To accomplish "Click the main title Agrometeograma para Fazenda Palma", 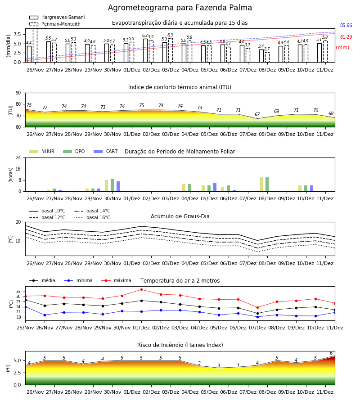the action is tap(180, 8).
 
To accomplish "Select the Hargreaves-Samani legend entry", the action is tap(57, 17).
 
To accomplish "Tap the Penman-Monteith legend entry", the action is tap(55, 24).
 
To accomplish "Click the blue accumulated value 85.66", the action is tap(346, 25).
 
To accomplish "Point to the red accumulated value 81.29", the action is tap(346, 37).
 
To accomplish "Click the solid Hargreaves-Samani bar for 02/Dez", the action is tap(145, 50).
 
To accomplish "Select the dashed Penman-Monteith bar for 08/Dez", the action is tap(267, 57).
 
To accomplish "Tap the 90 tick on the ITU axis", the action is tap(18, 93).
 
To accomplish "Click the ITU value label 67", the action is tap(257, 114).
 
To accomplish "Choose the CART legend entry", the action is tap(106, 151).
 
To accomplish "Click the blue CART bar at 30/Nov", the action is tap(118, 186).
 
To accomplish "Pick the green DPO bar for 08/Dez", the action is tap(267, 184).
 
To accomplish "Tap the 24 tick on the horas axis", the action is tap(18, 157).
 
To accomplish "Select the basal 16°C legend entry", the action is tap(92, 217).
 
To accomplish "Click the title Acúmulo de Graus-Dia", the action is tap(180, 216).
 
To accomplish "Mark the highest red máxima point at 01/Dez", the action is tap(141, 289).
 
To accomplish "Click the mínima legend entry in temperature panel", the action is tap(78, 280).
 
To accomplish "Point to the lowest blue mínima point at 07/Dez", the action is tap(257, 317).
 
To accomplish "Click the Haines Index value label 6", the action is tap(331, 353).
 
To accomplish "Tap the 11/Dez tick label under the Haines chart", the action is tap(325, 392).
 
